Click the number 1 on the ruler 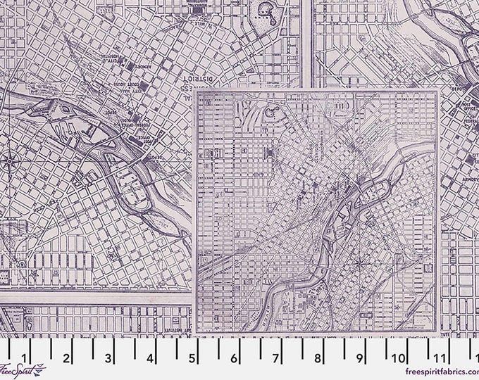[25, 357]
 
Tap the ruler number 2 [67, 357]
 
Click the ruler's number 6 [233, 357]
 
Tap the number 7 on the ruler [275, 357]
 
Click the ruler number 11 [440, 357]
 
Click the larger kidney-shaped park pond [268, 10]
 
